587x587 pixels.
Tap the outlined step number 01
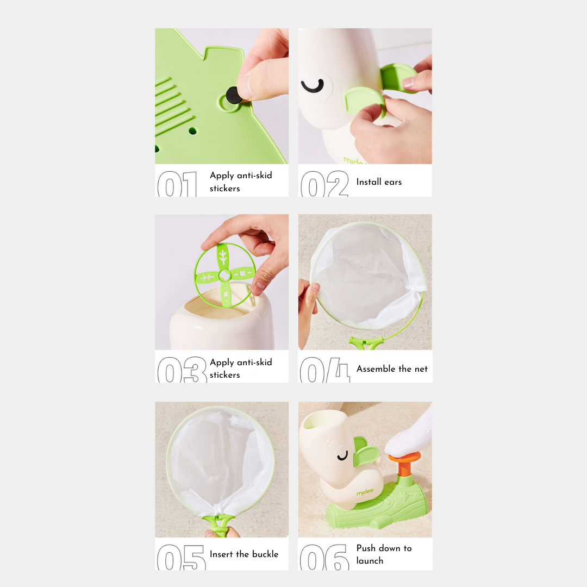[x=177, y=184]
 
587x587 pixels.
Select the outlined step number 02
[x=324, y=184]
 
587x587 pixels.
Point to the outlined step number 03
[x=182, y=370]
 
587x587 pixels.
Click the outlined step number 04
[x=325, y=370]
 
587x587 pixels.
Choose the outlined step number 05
[x=182, y=558]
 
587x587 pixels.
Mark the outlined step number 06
[x=324, y=558]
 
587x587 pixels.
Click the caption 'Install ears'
[x=379, y=182]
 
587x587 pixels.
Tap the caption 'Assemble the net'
[x=392, y=369]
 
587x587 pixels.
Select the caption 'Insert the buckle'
[x=244, y=554]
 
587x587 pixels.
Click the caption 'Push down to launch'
[x=384, y=554]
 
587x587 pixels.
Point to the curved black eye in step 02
[x=313, y=86]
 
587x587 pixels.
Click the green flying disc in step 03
[x=225, y=275]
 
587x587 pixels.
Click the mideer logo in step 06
[x=365, y=492]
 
